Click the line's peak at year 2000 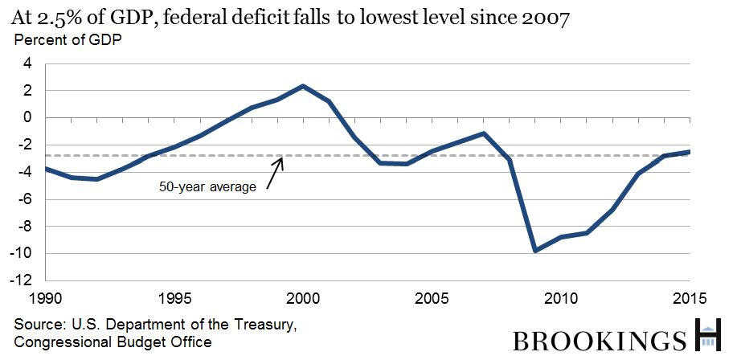click(x=303, y=86)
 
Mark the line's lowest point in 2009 click(x=535, y=251)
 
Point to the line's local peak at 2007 click(x=484, y=133)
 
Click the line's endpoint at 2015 click(x=690, y=152)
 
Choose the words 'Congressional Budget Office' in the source click(x=113, y=342)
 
